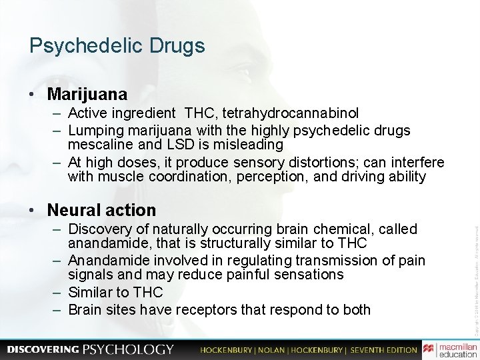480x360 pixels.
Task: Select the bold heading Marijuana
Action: (87, 93)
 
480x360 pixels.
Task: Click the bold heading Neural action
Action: (101, 210)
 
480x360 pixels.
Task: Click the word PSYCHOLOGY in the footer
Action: (128, 349)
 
